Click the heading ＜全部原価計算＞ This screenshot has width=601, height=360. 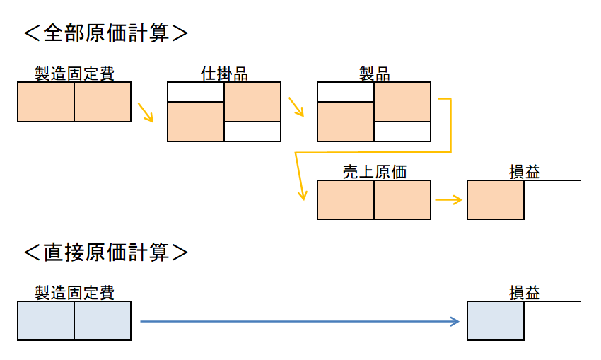[x=106, y=33]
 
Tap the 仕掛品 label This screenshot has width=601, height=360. [x=223, y=74]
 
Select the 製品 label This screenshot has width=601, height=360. [x=374, y=74]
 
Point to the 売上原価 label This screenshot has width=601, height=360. [x=374, y=172]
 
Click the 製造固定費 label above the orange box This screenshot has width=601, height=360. [x=74, y=74]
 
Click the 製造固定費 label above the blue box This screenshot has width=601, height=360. [x=74, y=293]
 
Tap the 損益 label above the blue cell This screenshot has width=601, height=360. [x=524, y=293]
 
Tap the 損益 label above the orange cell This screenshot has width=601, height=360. [x=524, y=172]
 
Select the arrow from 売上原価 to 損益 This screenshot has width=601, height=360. [x=448, y=200]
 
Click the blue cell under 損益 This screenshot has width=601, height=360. [x=496, y=320]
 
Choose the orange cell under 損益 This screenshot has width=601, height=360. [x=496, y=200]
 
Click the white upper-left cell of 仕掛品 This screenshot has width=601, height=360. [x=196, y=92]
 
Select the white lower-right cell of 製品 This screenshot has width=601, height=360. [x=402, y=132]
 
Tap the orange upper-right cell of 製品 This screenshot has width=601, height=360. [x=402, y=102]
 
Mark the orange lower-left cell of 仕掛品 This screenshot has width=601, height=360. [x=196, y=122]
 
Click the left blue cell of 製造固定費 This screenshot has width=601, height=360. [x=46, y=320]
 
